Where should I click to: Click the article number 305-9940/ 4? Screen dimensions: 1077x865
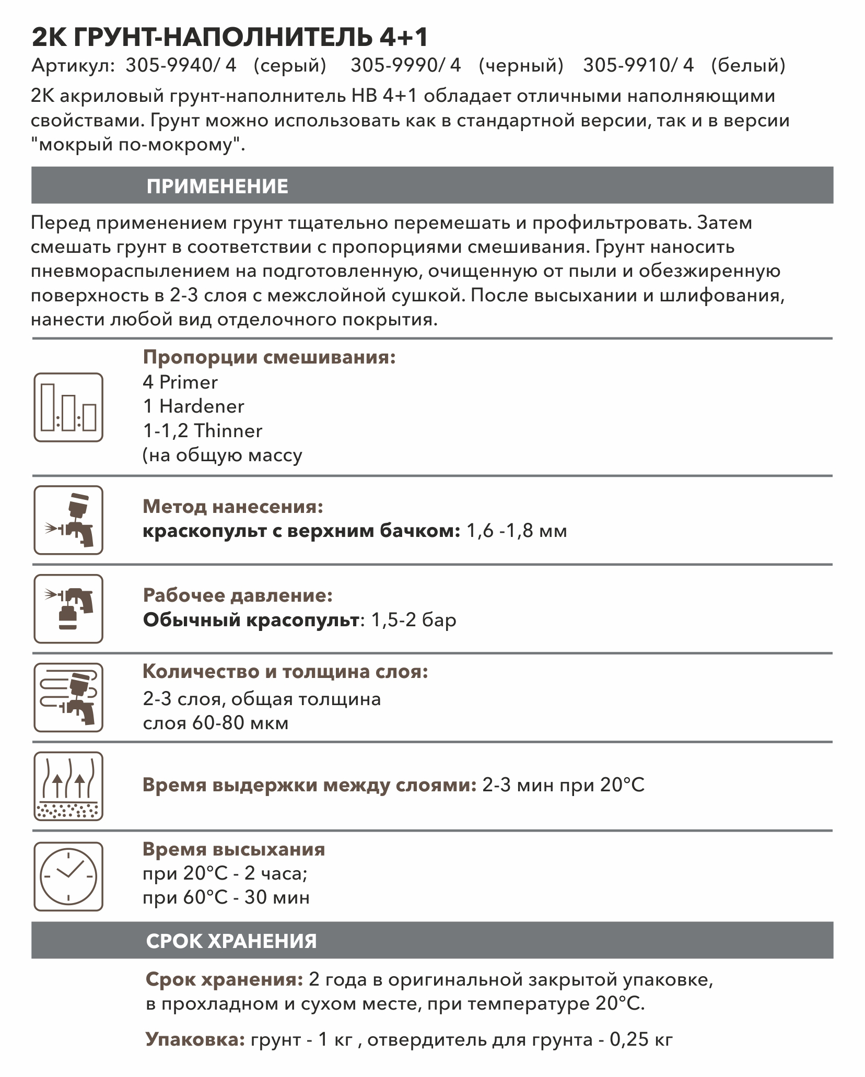pos(181,65)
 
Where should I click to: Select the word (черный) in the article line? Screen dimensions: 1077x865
pos(521,65)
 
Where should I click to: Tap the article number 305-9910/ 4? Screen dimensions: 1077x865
pos(638,65)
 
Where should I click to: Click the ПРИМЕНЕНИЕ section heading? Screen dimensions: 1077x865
pos(217,186)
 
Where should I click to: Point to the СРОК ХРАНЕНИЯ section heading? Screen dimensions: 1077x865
pos(231,941)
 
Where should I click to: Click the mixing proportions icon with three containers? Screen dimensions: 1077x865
pos(68,407)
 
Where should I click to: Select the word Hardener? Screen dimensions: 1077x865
pos(202,406)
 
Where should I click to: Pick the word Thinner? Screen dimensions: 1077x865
pos(228,431)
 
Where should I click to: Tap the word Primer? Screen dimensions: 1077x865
pos(188,382)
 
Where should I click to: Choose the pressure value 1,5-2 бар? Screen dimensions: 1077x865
pos(413,620)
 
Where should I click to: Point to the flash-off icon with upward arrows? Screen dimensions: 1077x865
pos(68,786)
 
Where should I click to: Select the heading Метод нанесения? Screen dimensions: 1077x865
pos(233,507)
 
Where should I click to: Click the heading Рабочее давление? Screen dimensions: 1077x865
pos(238,595)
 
